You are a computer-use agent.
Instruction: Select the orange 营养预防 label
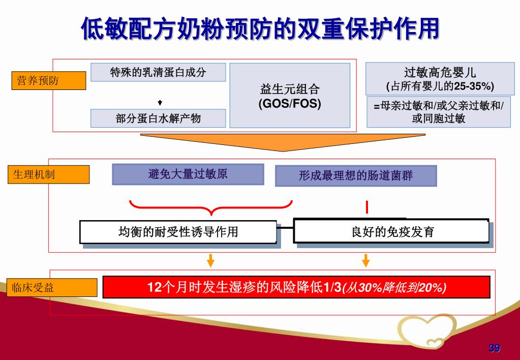[x=49, y=81]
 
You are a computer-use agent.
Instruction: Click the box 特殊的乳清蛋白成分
[x=158, y=72]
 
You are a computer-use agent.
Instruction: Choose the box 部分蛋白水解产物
[x=158, y=118]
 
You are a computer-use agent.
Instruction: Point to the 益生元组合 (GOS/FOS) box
[x=290, y=96]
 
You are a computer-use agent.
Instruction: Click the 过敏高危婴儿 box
[x=440, y=78]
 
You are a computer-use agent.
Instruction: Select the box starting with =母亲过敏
[x=439, y=112]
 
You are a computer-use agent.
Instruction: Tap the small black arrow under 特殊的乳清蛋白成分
[x=160, y=103]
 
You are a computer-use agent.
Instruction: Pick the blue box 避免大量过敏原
[x=188, y=174]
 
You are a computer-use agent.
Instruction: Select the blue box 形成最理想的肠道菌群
[x=356, y=176]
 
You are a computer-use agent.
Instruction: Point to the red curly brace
[x=211, y=208]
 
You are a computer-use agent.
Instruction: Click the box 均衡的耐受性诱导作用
[x=178, y=232]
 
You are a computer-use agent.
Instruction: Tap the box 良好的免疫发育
[x=391, y=232]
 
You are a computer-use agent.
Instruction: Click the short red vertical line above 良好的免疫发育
[x=366, y=207]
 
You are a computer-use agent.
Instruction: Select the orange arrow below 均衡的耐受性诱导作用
[x=210, y=260]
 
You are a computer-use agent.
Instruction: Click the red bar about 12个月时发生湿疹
[x=296, y=287]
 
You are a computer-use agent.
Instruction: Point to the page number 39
[x=494, y=348]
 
